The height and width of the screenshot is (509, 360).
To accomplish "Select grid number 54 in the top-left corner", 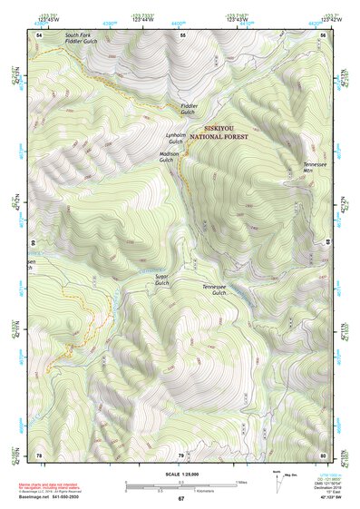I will coord(39,34).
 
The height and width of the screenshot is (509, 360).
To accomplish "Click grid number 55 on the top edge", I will coord(182,34).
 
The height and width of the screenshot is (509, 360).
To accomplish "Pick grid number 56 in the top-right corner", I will coord(323,34).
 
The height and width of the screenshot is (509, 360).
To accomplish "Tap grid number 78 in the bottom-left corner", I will coord(39,454).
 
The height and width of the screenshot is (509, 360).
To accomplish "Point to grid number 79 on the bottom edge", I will coord(180,454).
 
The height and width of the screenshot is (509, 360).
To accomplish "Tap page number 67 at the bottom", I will coord(180,499).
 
